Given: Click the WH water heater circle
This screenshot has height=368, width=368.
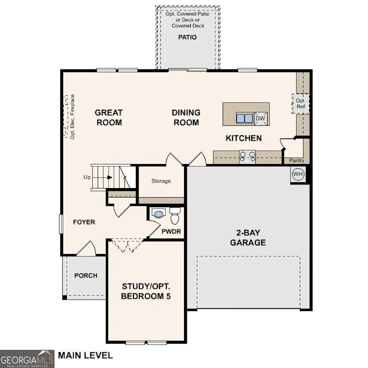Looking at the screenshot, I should (x=298, y=174).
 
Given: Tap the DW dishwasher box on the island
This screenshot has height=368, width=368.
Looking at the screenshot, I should (x=260, y=119).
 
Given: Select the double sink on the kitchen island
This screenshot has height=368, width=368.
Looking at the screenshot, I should (x=244, y=119).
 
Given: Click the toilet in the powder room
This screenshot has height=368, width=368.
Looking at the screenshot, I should (x=174, y=217).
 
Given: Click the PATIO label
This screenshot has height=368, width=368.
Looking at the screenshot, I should (x=187, y=37).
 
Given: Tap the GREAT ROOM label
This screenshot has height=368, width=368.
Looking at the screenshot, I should (x=109, y=117).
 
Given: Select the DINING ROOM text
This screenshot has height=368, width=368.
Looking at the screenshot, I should (x=185, y=117).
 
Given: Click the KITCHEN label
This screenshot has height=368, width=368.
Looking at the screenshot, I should (x=244, y=138).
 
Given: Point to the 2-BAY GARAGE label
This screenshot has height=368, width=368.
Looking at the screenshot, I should (x=248, y=237).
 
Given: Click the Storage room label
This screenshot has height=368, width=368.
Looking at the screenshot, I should (x=161, y=181).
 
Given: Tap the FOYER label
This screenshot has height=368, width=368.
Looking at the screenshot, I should (x=84, y=222).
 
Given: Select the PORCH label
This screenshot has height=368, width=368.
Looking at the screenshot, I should (x=86, y=275).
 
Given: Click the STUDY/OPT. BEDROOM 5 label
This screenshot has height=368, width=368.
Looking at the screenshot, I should (x=146, y=291).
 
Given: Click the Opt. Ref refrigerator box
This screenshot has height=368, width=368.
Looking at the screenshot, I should (x=300, y=104).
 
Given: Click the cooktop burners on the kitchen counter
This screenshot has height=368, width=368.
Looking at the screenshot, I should (x=248, y=157).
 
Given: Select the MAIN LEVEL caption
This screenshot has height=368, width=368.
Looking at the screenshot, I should (x=85, y=355).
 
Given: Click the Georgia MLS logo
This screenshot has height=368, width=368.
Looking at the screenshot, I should (x=27, y=358).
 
